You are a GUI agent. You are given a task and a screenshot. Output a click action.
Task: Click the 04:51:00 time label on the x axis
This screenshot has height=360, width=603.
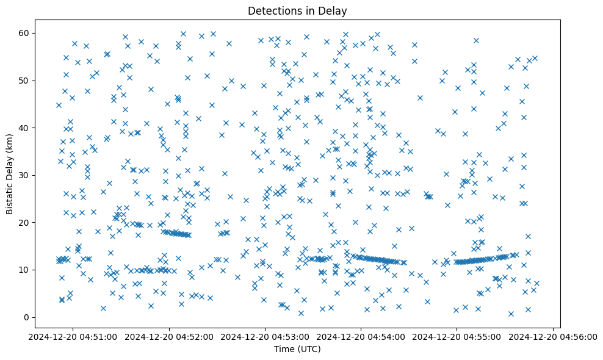point(74,336)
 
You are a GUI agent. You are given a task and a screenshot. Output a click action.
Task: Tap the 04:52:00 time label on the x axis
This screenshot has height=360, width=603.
point(170,336)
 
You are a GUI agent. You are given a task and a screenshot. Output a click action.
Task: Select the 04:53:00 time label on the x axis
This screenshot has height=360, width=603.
point(265,336)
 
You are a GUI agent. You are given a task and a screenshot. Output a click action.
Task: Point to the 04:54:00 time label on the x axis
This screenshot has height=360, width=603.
point(361,336)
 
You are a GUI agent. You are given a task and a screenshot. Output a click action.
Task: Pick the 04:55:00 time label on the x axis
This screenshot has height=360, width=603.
point(457,336)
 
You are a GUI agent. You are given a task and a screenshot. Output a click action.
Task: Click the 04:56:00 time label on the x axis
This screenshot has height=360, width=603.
point(553,336)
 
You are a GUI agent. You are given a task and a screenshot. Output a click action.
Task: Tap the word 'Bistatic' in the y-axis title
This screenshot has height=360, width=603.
point(10,195)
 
